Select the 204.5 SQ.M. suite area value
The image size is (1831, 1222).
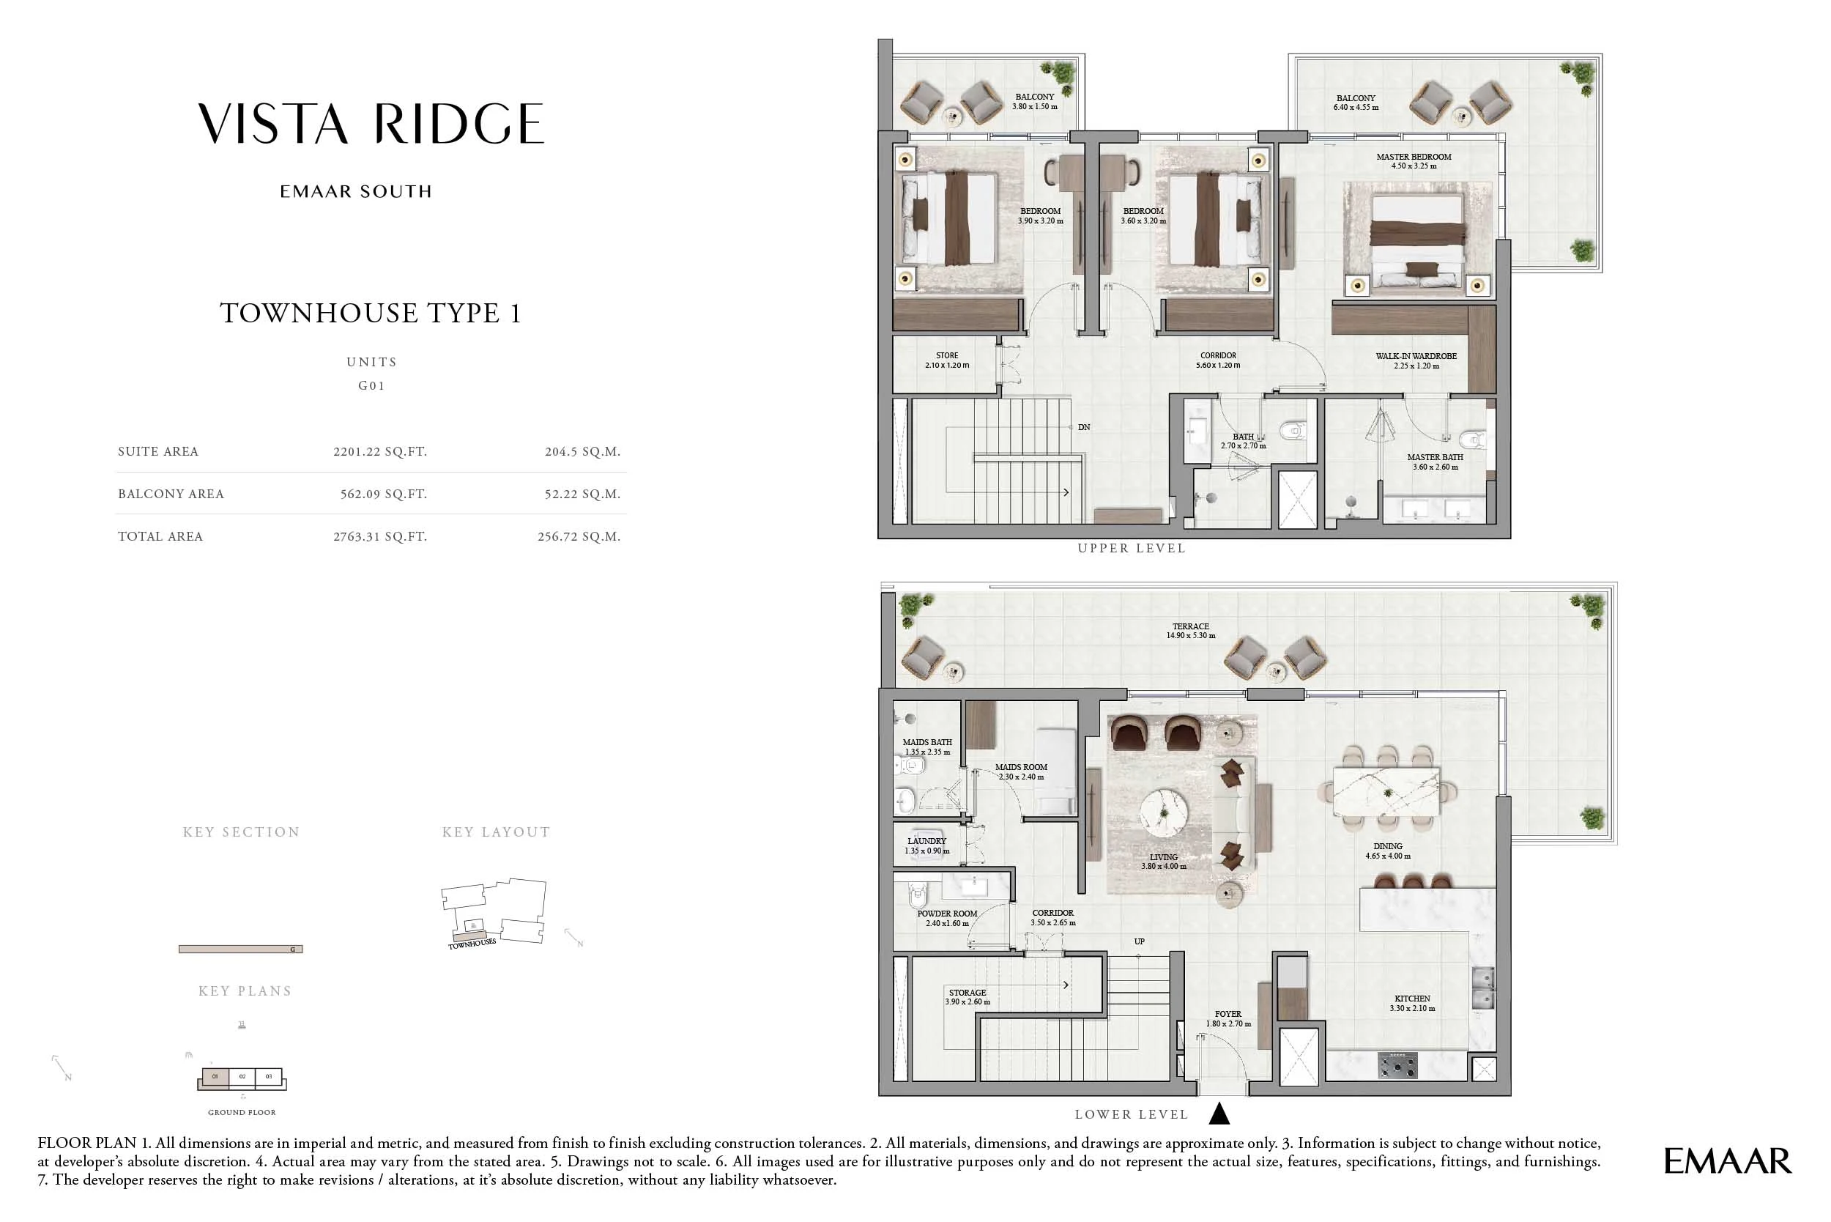tap(582, 451)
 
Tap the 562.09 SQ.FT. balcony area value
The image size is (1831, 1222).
tap(383, 494)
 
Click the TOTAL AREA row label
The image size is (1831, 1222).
tap(160, 536)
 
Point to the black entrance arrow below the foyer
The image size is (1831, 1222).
tap(1219, 1114)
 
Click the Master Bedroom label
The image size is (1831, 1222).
tap(1414, 161)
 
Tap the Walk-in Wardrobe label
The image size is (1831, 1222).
tap(1416, 360)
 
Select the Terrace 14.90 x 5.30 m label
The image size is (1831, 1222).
tap(1191, 631)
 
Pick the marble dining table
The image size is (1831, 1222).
tap(1387, 792)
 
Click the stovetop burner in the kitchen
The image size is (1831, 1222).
tap(1399, 1064)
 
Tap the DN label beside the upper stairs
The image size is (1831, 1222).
tap(1084, 427)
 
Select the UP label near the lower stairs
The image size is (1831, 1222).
tap(1139, 941)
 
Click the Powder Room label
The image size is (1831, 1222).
tap(947, 918)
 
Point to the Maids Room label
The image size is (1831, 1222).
tap(1021, 771)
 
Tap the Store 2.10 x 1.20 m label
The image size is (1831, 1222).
tap(947, 360)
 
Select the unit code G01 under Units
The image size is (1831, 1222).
tap(371, 386)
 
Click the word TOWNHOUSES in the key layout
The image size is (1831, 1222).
tap(472, 944)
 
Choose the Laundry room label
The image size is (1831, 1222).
tap(926, 845)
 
